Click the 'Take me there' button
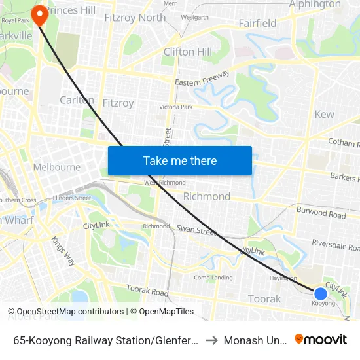pyautogui.click(x=180, y=161)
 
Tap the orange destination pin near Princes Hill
pyautogui.click(x=40, y=14)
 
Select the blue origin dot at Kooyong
pyautogui.click(x=320, y=294)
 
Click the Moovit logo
pyautogui.click(x=321, y=340)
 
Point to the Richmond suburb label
pyautogui.click(x=206, y=196)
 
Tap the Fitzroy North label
pyautogui.click(x=135, y=18)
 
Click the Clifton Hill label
pyautogui.click(x=187, y=52)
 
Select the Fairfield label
pyautogui.click(x=257, y=23)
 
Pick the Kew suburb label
pyautogui.click(x=324, y=115)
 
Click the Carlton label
pyautogui.click(x=77, y=100)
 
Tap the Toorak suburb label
pyautogui.click(x=264, y=299)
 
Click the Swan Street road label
pyautogui.click(x=196, y=230)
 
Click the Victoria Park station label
pyautogui.click(x=176, y=107)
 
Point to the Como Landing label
pyautogui.click(x=213, y=278)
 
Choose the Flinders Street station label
pyautogui.click(x=73, y=198)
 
